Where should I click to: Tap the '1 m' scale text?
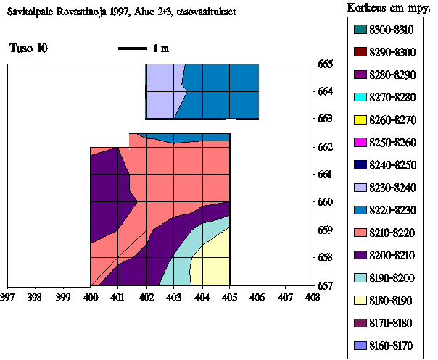[x=160, y=49]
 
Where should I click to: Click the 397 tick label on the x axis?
[x=7, y=296]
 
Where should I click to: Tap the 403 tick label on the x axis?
[x=174, y=296]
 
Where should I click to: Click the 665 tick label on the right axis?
[x=326, y=64]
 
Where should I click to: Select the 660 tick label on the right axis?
[x=326, y=202]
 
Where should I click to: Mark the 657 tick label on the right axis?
[x=326, y=285]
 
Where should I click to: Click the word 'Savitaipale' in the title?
[x=31, y=12]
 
